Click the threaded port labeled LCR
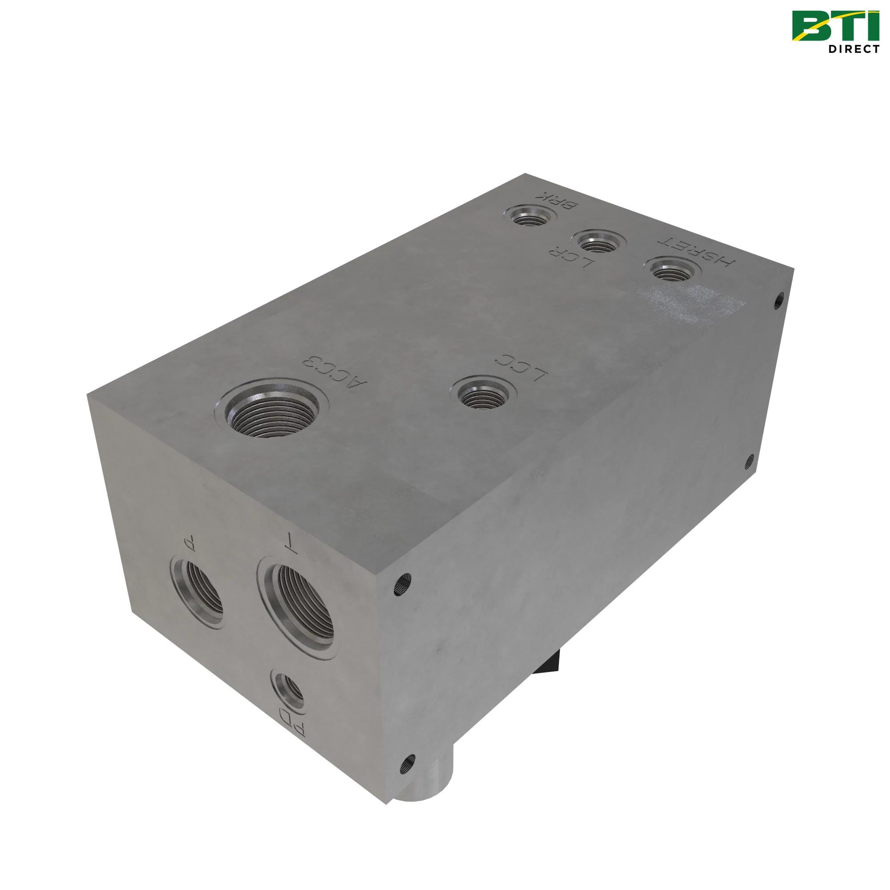click(x=599, y=242)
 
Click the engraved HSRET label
click(x=698, y=252)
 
